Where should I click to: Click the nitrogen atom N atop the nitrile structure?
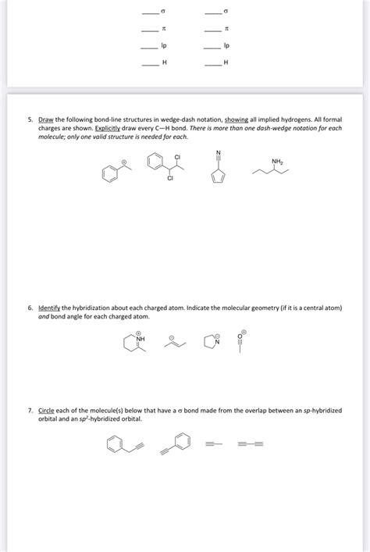(x=219, y=150)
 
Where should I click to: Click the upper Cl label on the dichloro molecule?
(x=177, y=158)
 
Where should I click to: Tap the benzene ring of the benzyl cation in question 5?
(x=111, y=174)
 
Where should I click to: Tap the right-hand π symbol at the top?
(x=226, y=29)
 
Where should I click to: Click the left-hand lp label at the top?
(x=163, y=46)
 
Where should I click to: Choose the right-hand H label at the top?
(x=226, y=63)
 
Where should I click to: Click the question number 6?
(x=30, y=308)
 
